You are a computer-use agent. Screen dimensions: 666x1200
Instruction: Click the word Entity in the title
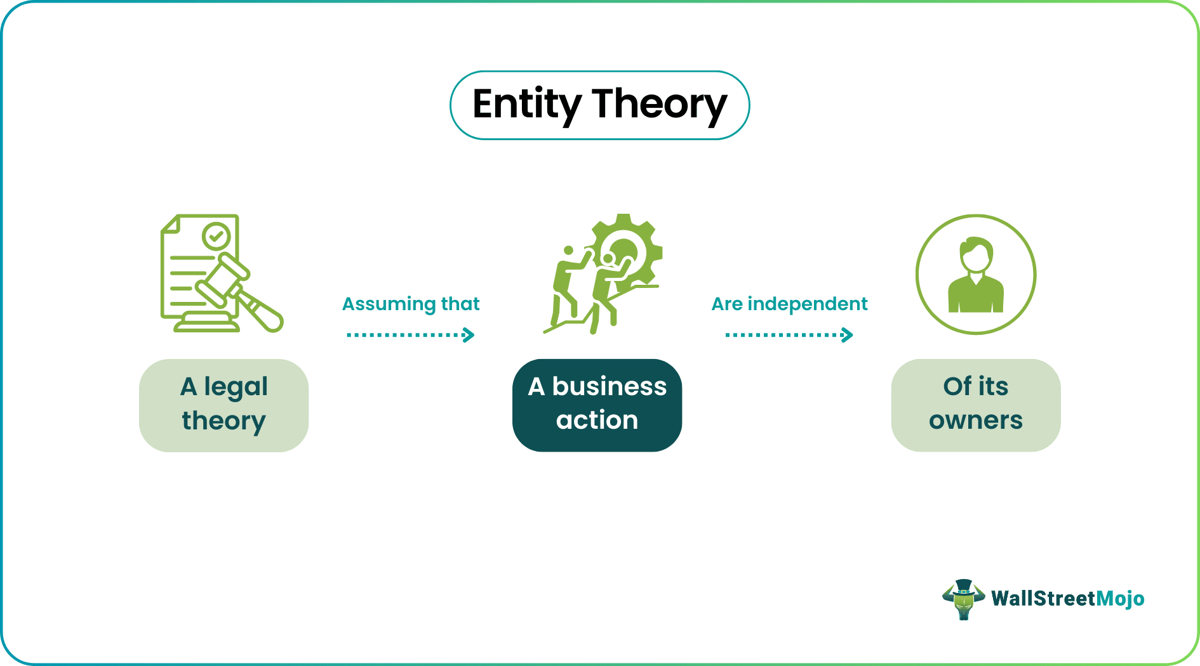point(527,105)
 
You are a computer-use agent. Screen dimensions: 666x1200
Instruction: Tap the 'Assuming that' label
point(411,304)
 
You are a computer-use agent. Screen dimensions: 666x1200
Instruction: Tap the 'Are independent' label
point(789,304)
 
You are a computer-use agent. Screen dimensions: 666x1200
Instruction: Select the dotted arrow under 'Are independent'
point(789,334)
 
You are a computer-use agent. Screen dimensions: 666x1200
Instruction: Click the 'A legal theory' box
point(223,405)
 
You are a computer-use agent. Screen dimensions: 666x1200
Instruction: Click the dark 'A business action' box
point(597,405)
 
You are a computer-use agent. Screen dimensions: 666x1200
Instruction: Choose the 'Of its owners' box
point(975,405)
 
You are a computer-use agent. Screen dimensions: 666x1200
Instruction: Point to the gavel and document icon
point(219,274)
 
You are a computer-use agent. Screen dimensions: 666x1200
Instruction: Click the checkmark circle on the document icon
point(217,237)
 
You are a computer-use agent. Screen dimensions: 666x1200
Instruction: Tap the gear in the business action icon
point(635,251)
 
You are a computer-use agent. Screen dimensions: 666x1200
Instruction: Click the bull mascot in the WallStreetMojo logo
point(963,599)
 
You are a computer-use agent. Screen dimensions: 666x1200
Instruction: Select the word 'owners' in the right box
point(975,421)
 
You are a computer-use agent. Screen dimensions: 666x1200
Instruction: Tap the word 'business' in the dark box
point(609,386)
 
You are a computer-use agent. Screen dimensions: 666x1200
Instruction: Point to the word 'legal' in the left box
point(236,387)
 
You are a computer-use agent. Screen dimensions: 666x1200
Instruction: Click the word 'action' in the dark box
point(597,421)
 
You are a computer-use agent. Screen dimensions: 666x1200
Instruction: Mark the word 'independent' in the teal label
point(807,304)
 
